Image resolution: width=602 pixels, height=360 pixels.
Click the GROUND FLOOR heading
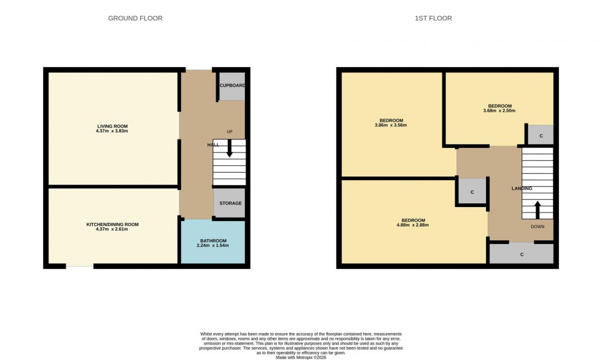pyautogui.click(x=135, y=18)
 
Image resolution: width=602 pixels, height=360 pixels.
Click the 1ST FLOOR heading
pyautogui.click(x=433, y=18)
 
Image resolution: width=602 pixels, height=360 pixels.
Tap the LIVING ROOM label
pyautogui.click(x=112, y=126)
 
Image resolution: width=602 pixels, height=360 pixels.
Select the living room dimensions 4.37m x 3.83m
pyautogui.click(x=112, y=131)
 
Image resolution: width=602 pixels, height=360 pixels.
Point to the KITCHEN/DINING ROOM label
pyautogui.click(x=112, y=224)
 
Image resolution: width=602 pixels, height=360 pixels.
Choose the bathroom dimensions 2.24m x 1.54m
pyautogui.click(x=213, y=246)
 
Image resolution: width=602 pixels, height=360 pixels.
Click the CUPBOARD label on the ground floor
pyautogui.click(x=232, y=86)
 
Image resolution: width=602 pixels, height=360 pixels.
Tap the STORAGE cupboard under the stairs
pyautogui.click(x=230, y=203)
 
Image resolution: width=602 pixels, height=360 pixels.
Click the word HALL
pyautogui.click(x=213, y=144)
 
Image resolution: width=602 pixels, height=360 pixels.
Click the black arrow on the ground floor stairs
pyautogui.click(x=230, y=149)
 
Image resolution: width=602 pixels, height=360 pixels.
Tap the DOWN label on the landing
pyautogui.click(x=538, y=226)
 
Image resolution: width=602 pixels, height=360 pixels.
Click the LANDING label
pyautogui.click(x=522, y=189)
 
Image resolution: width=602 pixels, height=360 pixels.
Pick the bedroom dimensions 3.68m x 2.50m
pyautogui.click(x=499, y=111)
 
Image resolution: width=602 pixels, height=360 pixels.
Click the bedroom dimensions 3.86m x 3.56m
pyautogui.click(x=391, y=125)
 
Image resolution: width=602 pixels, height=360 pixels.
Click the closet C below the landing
pyautogui.click(x=522, y=254)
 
